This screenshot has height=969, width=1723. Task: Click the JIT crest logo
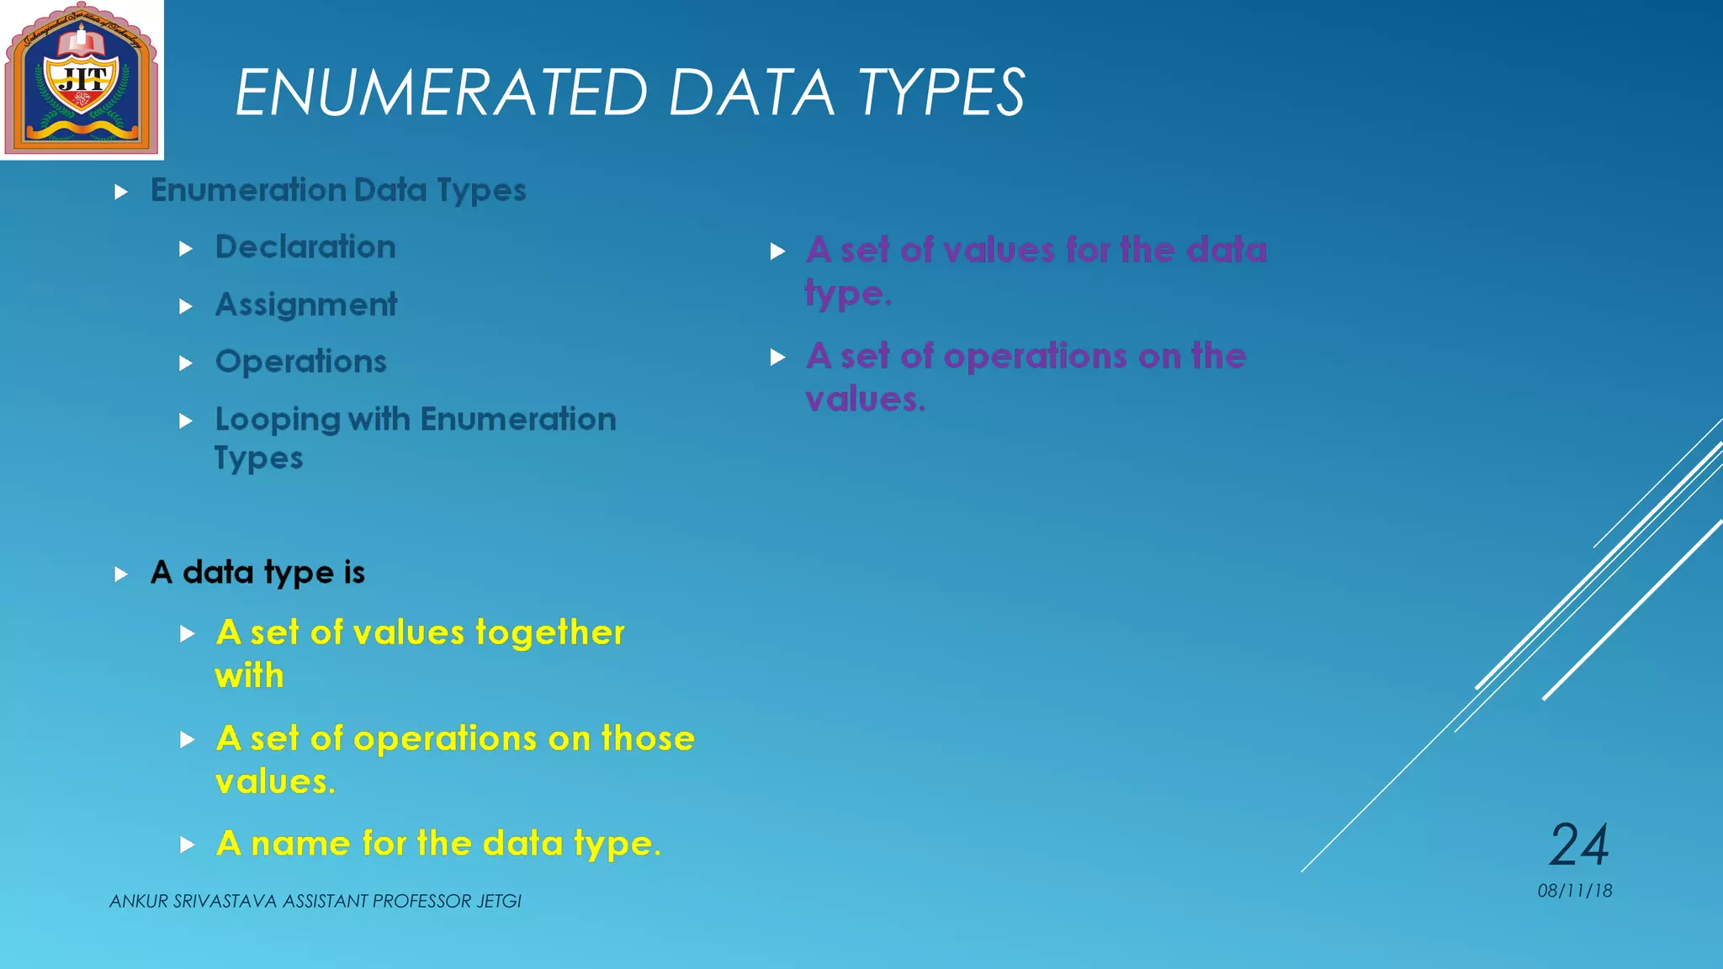pyautogui.click(x=82, y=80)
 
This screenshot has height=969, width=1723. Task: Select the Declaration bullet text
pyautogui.click(x=305, y=247)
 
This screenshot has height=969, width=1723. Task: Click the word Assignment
pyautogui.click(x=306, y=304)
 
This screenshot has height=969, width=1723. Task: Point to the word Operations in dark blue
pyautogui.click(x=301, y=362)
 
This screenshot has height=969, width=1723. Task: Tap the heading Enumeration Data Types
pyautogui.click(x=338, y=190)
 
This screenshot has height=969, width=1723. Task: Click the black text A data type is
pyautogui.click(x=257, y=573)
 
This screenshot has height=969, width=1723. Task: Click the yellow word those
pyautogui.click(x=648, y=739)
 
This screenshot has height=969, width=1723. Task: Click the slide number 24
pyautogui.click(x=1579, y=845)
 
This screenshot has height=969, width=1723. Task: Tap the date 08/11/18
pyautogui.click(x=1574, y=891)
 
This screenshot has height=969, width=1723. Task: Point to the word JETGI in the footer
pyautogui.click(x=498, y=902)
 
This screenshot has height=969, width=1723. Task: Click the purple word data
pyautogui.click(x=1226, y=251)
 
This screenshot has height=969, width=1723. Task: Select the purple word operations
pyautogui.click(x=1035, y=357)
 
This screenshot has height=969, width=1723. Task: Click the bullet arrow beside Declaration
pyautogui.click(x=187, y=249)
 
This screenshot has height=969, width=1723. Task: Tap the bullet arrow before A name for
pyautogui.click(x=188, y=845)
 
